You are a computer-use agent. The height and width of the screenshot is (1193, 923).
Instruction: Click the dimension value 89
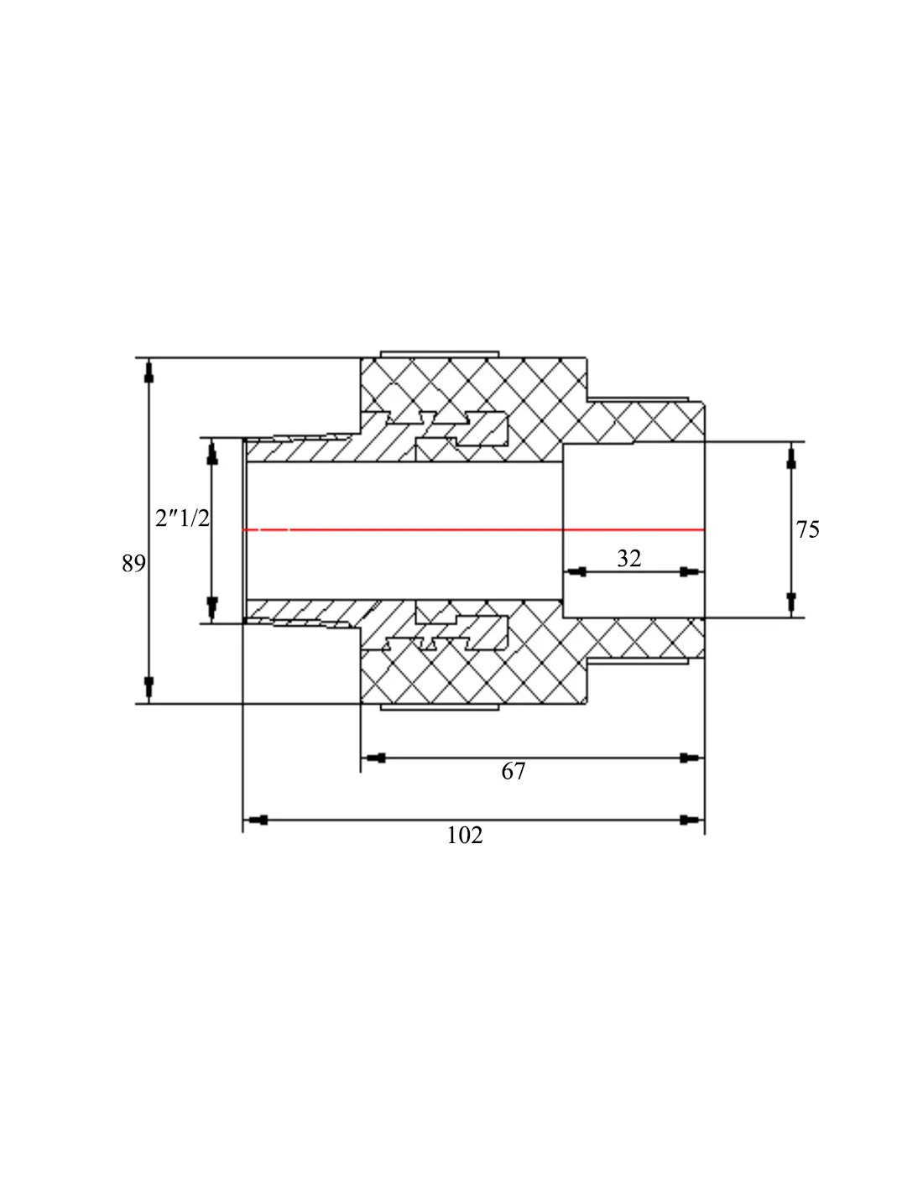pos(133,563)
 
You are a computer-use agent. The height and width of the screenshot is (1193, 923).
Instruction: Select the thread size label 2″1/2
pos(182,518)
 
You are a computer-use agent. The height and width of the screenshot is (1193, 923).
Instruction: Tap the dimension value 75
pos(807,529)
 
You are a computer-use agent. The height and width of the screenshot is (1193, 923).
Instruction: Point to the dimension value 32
pos(628,559)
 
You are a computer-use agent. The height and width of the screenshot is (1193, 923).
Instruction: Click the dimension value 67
pos(513,771)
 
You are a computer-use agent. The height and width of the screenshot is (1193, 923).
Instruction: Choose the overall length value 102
pos(465,835)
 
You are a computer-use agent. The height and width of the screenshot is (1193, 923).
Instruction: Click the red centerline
pos(473,529)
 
